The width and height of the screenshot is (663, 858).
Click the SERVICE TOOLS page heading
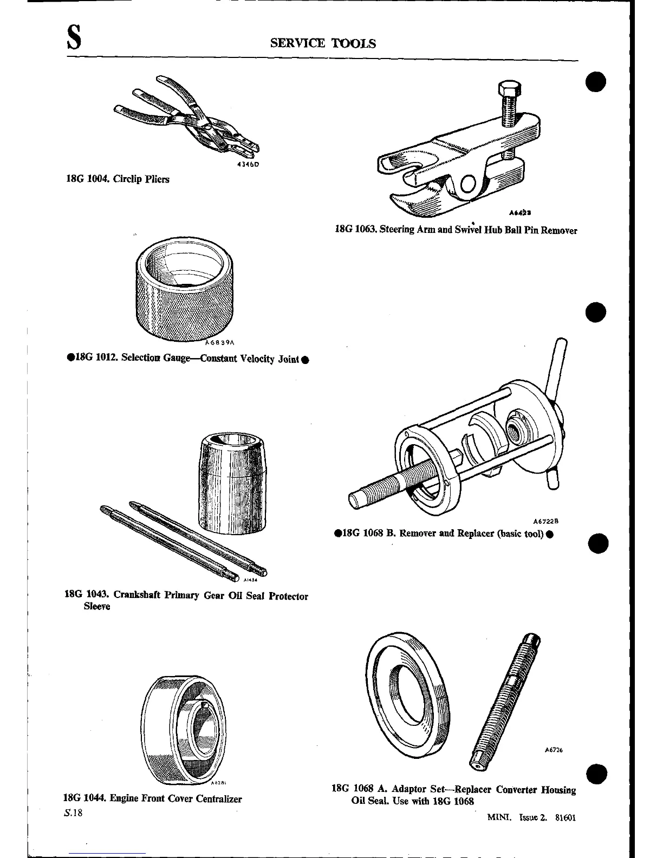323,43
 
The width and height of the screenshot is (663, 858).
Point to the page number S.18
73,814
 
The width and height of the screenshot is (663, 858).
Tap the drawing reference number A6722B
545,521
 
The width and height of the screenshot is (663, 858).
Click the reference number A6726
554,751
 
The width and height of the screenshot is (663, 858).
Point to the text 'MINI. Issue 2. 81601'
531,818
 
